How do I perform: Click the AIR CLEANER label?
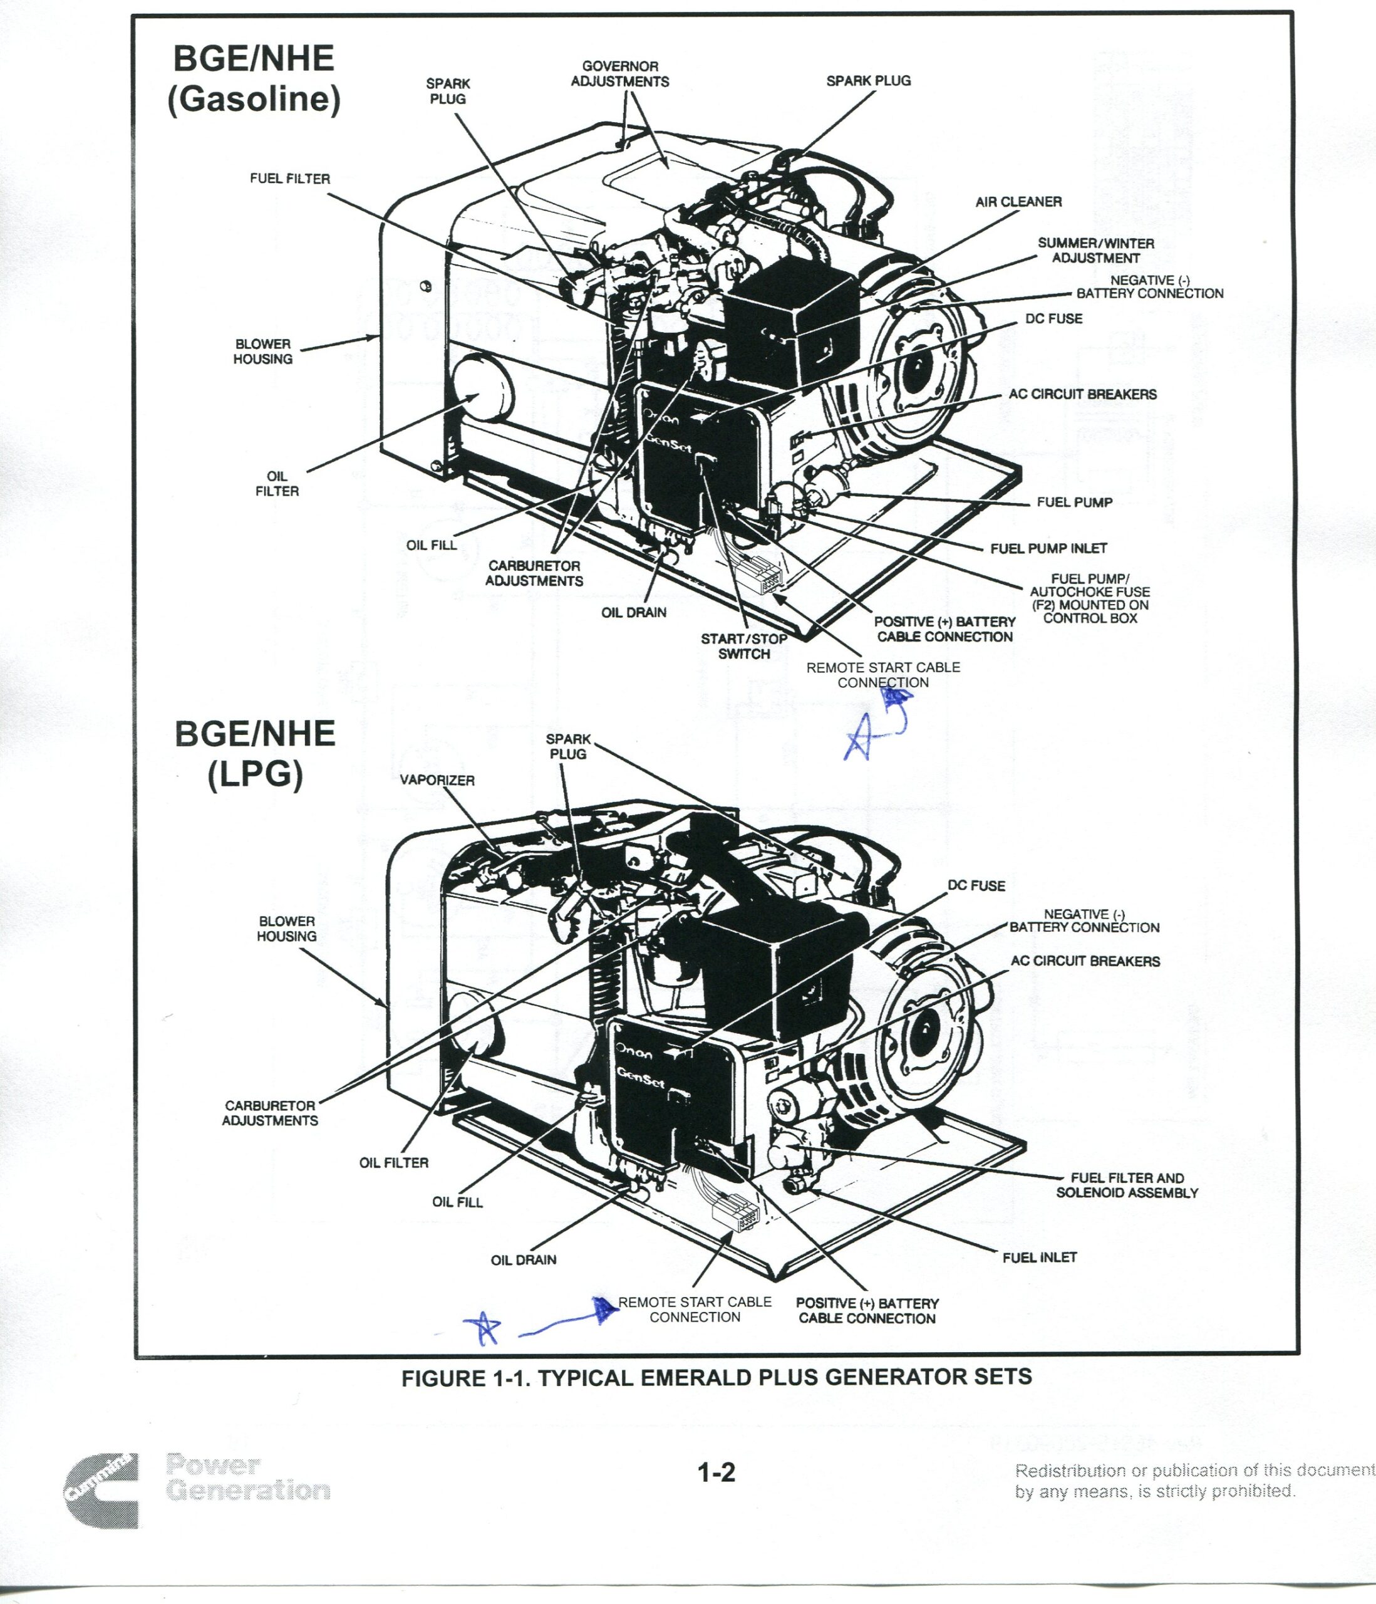[x=1018, y=202]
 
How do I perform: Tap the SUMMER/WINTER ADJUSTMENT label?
[x=1095, y=251]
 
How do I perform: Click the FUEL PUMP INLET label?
[x=1048, y=548]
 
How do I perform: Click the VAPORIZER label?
[x=437, y=779]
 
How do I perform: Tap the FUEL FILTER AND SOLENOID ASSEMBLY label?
[x=1127, y=1185]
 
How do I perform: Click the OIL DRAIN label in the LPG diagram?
[x=523, y=1259]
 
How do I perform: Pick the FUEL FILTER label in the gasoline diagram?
[x=289, y=179]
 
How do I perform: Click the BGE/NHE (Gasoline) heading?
[x=254, y=79]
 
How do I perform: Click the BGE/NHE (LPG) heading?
[x=255, y=753]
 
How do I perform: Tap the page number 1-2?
[x=716, y=1472]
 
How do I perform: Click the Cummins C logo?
[x=102, y=1490]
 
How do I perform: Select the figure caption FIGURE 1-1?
[x=716, y=1377]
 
